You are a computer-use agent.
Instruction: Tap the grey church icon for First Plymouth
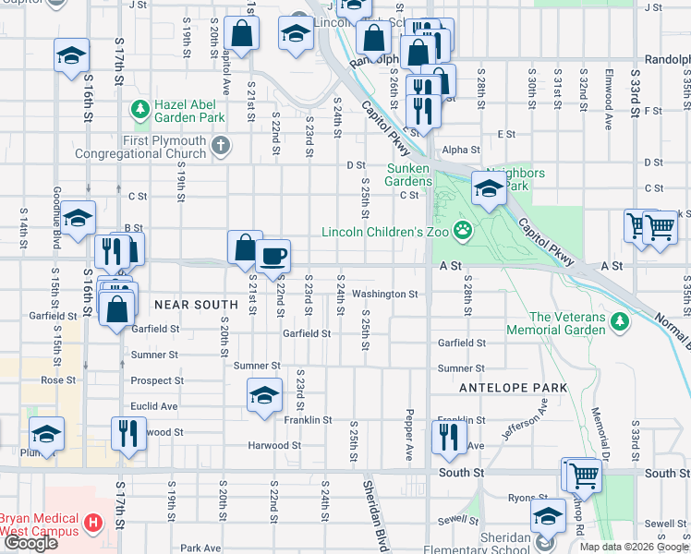coord(220,145)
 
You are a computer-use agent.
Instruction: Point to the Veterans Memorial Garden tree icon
coord(620,322)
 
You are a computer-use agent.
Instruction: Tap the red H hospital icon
coord(91,524)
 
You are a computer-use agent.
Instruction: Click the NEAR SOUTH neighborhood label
coord(197,304)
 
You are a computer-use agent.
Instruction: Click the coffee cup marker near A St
coord(273,256)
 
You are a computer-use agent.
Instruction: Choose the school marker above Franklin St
coord(264,396)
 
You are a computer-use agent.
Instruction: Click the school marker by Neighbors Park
coord(488,190)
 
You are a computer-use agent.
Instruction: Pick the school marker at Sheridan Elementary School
coord(548,516)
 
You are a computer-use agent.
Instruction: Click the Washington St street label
coord(385,294)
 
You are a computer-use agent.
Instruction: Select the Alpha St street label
coord(461,150)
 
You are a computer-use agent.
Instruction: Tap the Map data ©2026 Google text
coord(633,546)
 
